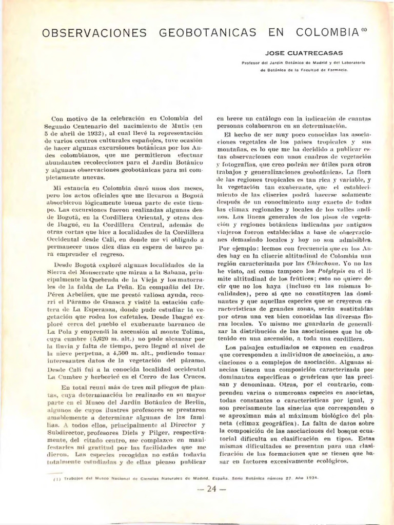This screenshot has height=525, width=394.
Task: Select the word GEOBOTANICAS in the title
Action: [208, 33]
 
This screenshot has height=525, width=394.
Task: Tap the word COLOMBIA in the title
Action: [327, 33]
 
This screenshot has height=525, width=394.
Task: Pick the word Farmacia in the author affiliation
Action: [337, 70]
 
